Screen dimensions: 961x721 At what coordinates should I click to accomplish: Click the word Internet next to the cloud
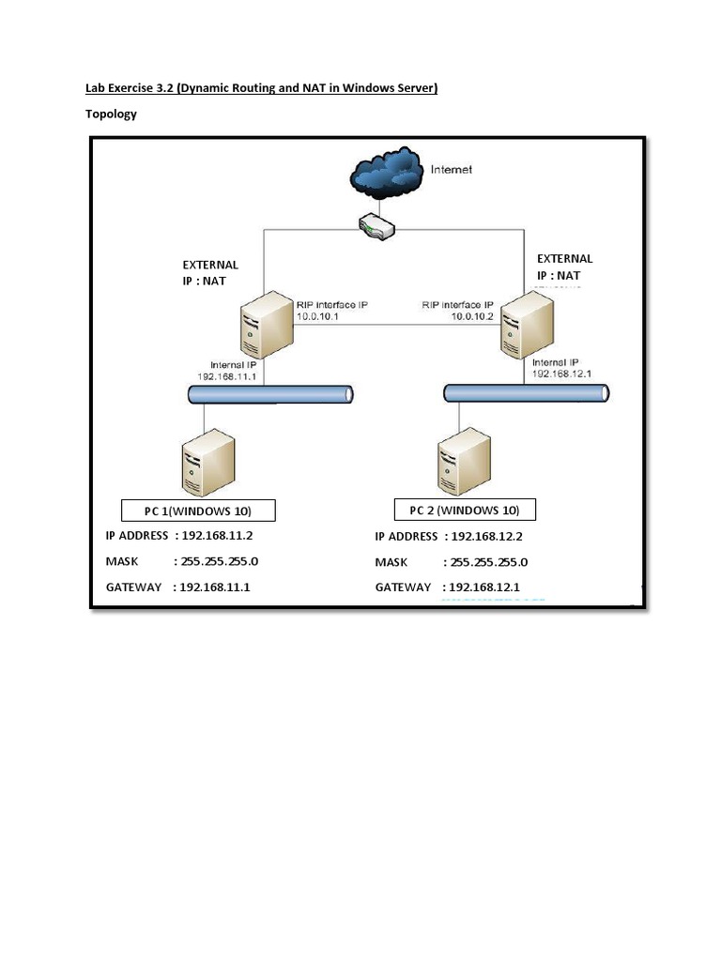(x=451, y=170)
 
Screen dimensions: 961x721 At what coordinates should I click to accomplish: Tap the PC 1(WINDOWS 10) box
(x=198, y=511)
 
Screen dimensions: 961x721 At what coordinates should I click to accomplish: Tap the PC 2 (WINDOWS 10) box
(x=464, y=510)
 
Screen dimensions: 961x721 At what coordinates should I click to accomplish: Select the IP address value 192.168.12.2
(x=486, y=537)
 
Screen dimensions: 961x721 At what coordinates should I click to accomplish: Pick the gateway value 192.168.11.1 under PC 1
(x=220, y=587)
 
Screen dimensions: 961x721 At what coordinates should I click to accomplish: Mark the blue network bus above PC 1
(x=269, y=395)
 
